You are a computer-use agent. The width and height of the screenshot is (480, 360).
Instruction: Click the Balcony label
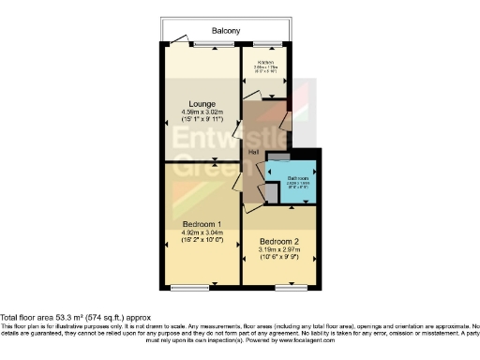[x=225, y=31]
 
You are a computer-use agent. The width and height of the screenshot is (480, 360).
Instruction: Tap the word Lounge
[x=202, y=103]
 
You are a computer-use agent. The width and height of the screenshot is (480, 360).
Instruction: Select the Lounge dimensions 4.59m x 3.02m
[x=202, y=112]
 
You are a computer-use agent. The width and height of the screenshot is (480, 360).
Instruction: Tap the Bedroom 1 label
[x=202, y=224]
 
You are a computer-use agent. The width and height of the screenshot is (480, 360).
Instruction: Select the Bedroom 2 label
[x=278, y=242]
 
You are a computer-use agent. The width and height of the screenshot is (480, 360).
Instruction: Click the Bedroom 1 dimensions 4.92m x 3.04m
[x=202, y=232]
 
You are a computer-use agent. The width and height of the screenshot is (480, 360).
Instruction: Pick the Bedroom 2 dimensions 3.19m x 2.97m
[x=278, y=250]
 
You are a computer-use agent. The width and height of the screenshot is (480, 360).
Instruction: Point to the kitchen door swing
[x=251, y=94]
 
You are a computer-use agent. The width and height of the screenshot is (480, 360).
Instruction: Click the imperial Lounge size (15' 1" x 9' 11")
[x=202, y=120]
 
